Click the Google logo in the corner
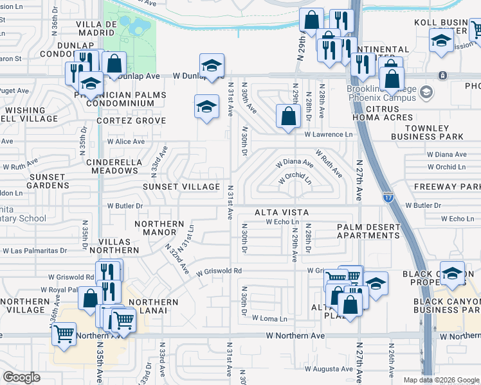21,377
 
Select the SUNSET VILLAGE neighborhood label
181,187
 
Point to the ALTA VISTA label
282,212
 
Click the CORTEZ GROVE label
131,121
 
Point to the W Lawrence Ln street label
329,135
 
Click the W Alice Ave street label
126,141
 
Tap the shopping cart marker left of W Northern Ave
64,334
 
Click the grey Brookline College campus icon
425,94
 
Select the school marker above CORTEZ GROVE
206,106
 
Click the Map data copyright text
440,380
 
